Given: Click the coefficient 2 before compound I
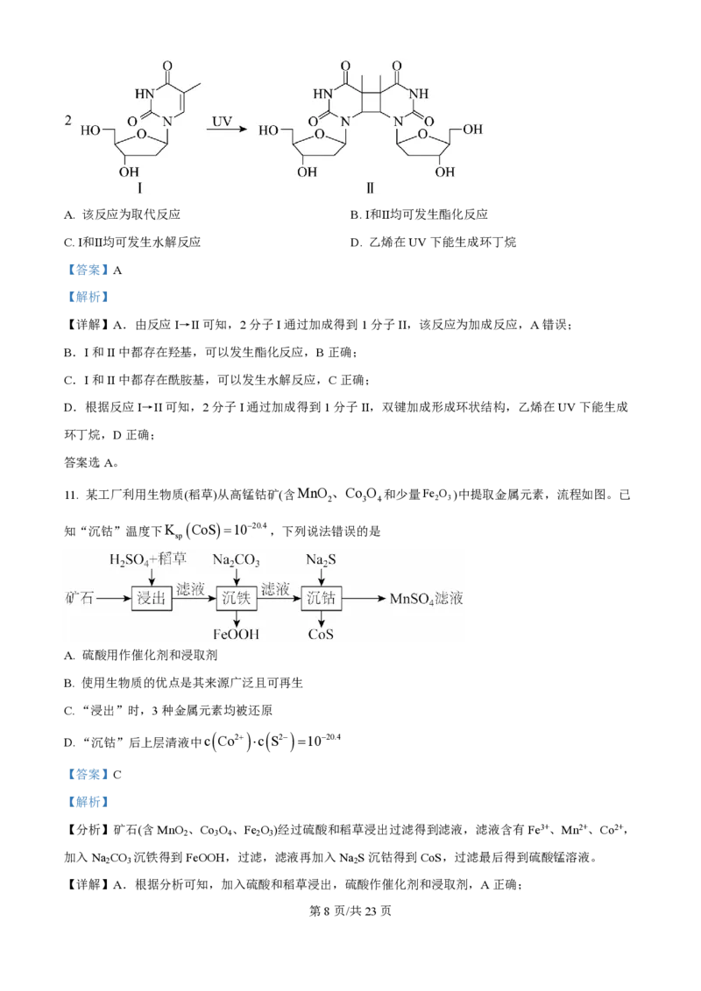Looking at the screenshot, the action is point(68,120).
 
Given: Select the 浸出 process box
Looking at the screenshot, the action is point(152,599).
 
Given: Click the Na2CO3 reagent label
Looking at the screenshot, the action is point(237,559).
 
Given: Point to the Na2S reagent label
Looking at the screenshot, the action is point(322,559).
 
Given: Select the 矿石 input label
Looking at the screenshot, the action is point(79,599).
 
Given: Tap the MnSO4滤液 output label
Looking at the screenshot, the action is point(426,599).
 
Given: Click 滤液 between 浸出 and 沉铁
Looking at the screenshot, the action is point(190,590).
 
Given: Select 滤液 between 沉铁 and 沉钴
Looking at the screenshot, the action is point(275,590).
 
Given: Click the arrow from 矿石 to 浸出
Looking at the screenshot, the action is point(114,599).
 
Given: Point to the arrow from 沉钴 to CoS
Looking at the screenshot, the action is point(322,619).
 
